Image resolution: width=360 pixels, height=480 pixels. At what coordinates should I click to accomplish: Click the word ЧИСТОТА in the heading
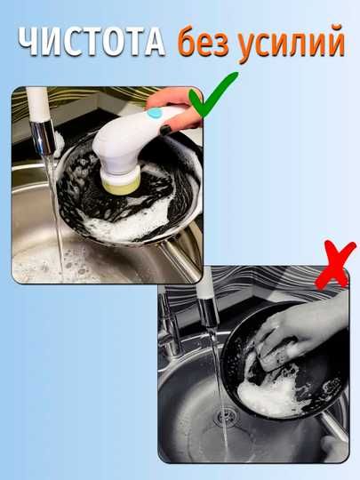[92, 42]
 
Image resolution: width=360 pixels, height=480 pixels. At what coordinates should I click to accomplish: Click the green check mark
[212, 94]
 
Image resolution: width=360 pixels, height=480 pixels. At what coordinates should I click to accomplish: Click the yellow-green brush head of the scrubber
[121, 186]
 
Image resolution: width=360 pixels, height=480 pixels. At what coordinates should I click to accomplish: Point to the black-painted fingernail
[165, 130]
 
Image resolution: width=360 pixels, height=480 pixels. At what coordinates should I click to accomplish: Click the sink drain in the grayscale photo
[227, 417]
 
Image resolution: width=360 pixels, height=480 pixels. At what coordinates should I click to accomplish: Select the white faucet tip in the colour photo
[38, 104]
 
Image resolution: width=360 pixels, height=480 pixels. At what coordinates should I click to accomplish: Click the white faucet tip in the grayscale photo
[205, 284]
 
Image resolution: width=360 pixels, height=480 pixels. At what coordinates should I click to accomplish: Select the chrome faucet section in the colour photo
[43, 138]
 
